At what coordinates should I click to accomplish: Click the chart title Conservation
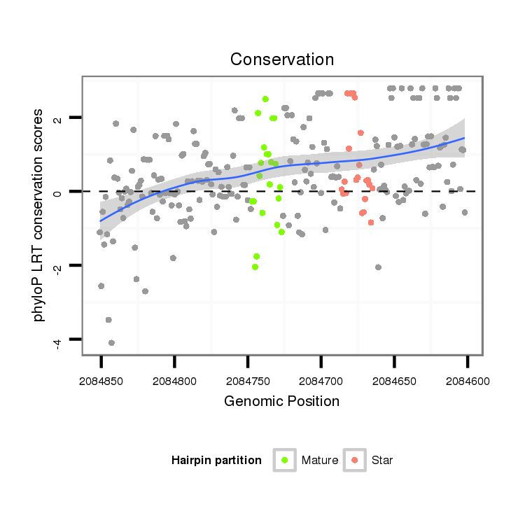click(282, 59)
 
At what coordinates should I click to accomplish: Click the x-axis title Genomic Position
click(282, 401)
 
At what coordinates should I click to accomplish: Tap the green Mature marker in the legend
click(284, 460)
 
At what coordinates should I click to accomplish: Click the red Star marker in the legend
click(355, 460)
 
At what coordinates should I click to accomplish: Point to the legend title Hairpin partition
click(216, 461)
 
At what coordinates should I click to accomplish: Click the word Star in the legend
click(382, 461)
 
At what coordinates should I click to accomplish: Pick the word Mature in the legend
click(320, 461)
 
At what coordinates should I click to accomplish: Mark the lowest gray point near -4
click(111, 342)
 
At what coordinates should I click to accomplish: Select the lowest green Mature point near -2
click(255, 267)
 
